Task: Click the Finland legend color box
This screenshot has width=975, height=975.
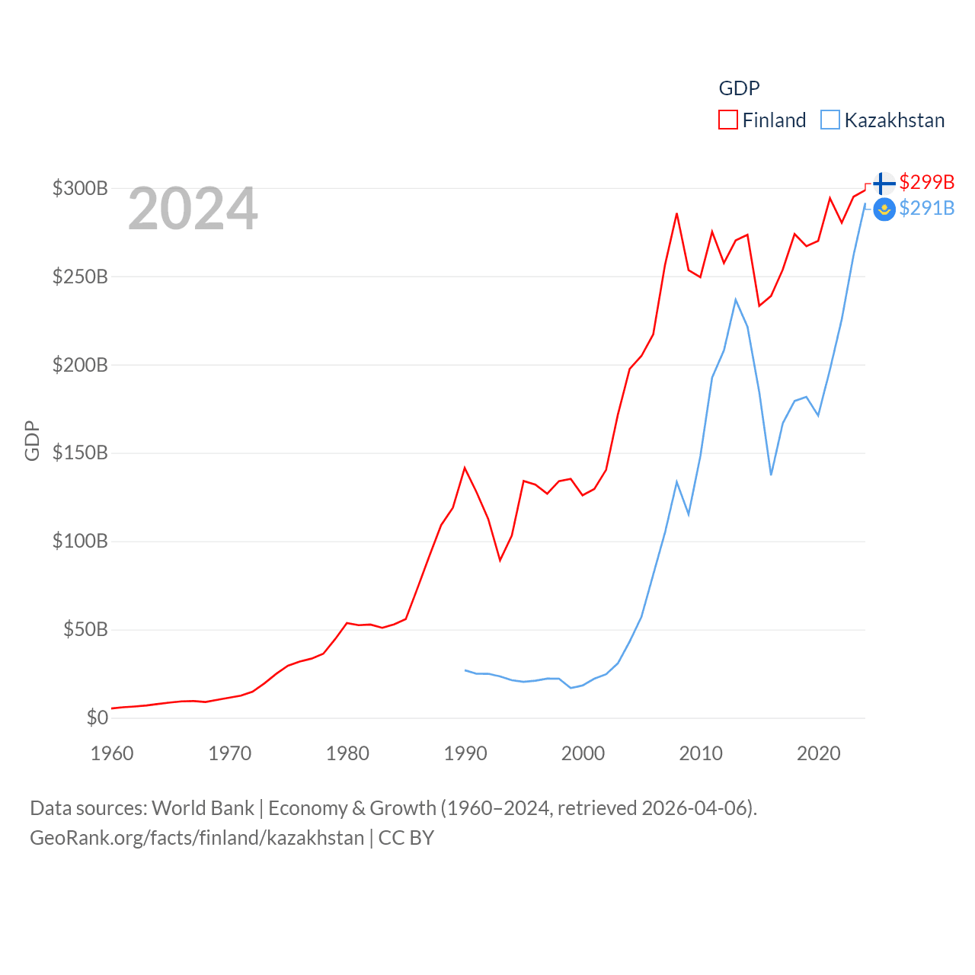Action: tap(728, 120)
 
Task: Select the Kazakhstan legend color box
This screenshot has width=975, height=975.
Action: tap(830, 120)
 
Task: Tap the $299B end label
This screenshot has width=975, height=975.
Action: tap(926, 182)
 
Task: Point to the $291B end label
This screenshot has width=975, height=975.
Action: tap(926, 208)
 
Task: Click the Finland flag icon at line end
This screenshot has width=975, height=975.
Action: tap(884, 184)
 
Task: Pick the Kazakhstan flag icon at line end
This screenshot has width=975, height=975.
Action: tap(884, 209)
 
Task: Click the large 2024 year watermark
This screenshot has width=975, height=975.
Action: tap(193, 209)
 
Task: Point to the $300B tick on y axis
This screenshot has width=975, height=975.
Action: tap(80, 188)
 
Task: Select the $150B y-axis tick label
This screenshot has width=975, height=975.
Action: tap(80, 453)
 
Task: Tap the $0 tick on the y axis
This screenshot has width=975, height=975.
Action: tap(97, 718)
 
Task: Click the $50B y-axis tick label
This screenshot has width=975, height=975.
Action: tap(85, 629)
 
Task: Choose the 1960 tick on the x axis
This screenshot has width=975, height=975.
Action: tap(112, 753)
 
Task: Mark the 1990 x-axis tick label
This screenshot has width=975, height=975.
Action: tap(465, 753)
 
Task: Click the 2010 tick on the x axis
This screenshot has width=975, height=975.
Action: tap(701, 753)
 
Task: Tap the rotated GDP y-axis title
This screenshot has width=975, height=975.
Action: tap(32, 440)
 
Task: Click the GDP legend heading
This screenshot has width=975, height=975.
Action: tap(739, 88)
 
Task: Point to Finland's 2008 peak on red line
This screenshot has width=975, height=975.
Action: tap(676, 214)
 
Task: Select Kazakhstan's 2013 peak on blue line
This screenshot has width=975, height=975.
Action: tap(736, 299)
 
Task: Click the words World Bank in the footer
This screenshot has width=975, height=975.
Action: tap(203, 807)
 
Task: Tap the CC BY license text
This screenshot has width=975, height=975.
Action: tap(406, 838)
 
